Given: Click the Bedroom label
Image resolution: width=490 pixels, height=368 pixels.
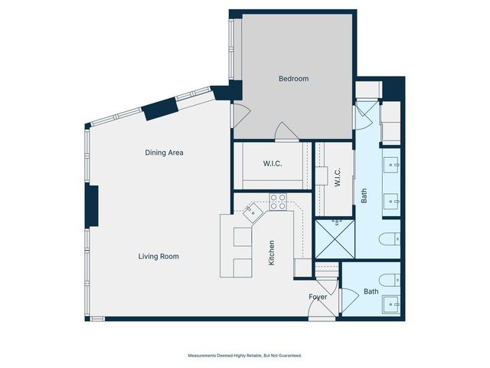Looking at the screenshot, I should click(293, 79).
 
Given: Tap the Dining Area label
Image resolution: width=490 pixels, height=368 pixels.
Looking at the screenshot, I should click(164, 153).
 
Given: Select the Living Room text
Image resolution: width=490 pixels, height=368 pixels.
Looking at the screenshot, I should click(158, 256).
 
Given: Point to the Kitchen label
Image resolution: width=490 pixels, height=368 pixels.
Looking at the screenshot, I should click(271, 253).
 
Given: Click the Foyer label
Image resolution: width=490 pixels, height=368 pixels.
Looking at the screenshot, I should click(318, 297).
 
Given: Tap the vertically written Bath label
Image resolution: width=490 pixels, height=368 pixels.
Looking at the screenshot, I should click(364, 196).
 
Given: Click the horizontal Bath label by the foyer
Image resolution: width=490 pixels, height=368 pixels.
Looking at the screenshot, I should click(371, 291).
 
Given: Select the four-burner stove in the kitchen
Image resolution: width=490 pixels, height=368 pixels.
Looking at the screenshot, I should click(278, 202).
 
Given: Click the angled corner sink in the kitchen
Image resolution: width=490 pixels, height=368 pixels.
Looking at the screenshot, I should click(253, 212).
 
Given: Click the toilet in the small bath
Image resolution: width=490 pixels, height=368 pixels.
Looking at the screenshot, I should click(390, 278).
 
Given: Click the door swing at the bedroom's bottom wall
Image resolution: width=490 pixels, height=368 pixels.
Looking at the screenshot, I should click(287, 133).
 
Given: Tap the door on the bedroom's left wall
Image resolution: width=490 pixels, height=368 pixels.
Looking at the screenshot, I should click(240, 117).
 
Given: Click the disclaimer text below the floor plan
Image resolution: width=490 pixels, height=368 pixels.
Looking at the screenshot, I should click(245, 356).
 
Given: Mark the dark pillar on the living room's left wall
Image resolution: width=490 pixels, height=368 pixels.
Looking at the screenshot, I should click(92, 205).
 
